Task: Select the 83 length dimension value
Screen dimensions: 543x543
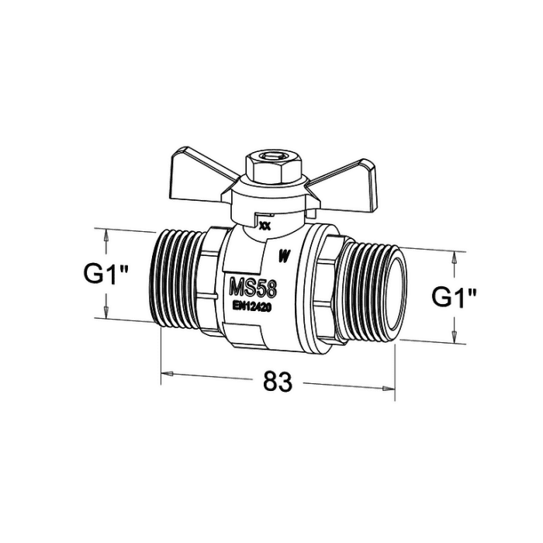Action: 278,381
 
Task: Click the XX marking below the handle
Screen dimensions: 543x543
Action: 265,227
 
